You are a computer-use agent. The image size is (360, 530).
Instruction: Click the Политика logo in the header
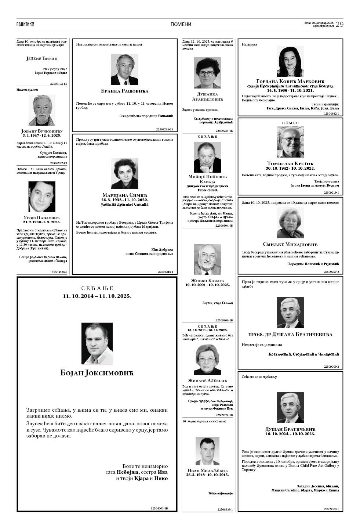point(25,24)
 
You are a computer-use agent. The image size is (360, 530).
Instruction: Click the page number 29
point(339,24)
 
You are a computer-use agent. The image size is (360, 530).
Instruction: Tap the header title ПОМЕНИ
point(181,25)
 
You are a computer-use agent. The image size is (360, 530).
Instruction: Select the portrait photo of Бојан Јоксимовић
point(97,344)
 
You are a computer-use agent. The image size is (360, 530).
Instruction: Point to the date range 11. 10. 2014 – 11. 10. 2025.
point(97,296)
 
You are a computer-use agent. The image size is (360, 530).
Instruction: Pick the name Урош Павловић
point(41,218)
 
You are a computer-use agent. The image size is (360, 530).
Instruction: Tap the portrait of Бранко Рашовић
point(124,70)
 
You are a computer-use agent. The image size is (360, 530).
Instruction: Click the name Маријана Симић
point(124,195)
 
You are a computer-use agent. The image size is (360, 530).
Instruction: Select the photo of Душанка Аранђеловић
point(207,73)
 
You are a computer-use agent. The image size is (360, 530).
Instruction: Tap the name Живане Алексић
point(207,380)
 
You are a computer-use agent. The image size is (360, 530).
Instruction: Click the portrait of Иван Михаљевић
point(207,451)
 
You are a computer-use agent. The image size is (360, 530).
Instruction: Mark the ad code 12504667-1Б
point(159,508)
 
